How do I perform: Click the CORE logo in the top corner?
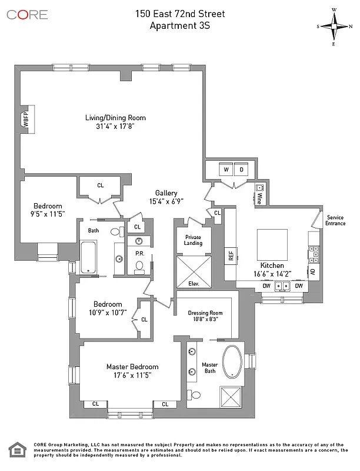tap(27, 14)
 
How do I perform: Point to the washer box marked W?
tap(226, 169)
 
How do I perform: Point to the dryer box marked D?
tap(242, 169)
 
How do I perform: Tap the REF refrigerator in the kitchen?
tap(231, 256)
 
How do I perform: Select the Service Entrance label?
tap(335, 220)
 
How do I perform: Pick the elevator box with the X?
tap(193, 271)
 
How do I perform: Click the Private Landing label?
tap(193, 240)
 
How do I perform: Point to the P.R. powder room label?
tap(140, 254)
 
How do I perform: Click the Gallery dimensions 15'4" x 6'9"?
tap(166, 201)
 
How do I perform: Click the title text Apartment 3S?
tap(179, 25)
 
